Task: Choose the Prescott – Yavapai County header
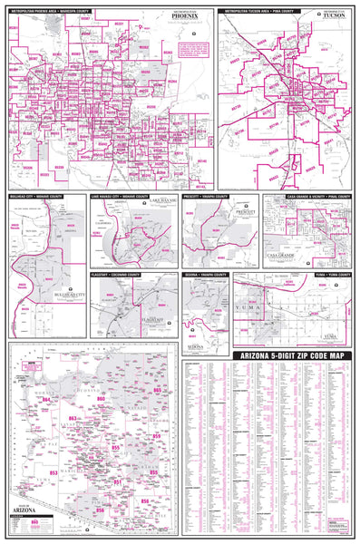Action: (209, 195)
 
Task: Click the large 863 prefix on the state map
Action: (73, 419)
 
